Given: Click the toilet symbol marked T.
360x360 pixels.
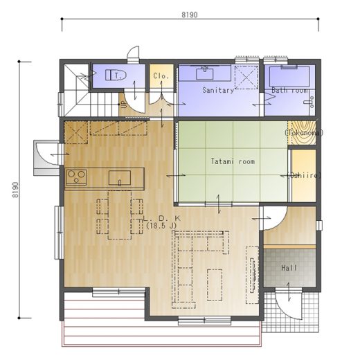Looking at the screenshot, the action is pyautogui.click(x=116, y=75).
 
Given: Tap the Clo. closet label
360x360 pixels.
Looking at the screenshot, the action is pyautogui.click(x=161, y=76).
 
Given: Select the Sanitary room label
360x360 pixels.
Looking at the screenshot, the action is pyautogui.click(x=218, y=90).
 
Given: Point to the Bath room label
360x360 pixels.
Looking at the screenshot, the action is pyautogui.click(x=289, y=90).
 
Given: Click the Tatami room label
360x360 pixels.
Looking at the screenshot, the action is pyautogui.click(x=233, y=161).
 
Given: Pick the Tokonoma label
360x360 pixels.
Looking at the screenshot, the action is pyautogui.click(x=303, y=133).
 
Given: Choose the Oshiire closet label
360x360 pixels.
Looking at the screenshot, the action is pyautogui.click(x=304, y=176).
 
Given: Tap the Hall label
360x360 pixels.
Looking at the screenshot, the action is pyautogui.click(x=289, y=268).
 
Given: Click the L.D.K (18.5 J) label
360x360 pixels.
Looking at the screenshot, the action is pyautogui.click(x=162, y=222).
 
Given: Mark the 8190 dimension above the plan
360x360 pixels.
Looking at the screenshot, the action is pyautogui.click(x=190, y=15).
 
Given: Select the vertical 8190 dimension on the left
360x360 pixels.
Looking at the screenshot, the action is pyautogui.click(x=15, y=190).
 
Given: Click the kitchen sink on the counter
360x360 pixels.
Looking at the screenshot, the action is pyautogui.click(x=120, y=178).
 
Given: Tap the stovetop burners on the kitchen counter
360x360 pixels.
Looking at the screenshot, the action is pyautogui.click(x=76, y=177).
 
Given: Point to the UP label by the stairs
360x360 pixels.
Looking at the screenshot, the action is pyautogui.click(x=124, y=106).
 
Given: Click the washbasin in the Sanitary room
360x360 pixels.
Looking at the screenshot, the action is pyautogui.click(x=204, y=73).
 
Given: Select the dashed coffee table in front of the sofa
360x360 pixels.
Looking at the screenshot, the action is pyautogui.click(x=215, y=285).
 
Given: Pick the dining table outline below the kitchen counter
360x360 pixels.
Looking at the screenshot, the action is pyautogui.click(x=120, y=215).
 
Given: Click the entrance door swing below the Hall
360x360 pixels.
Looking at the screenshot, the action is pyautogui.click(x=289, y=304).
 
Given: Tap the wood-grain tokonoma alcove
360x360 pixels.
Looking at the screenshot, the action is pyautogui.click(x=302, y=133).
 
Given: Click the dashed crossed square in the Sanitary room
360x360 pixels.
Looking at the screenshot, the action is pyautogui.click(x=246, y=78).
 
